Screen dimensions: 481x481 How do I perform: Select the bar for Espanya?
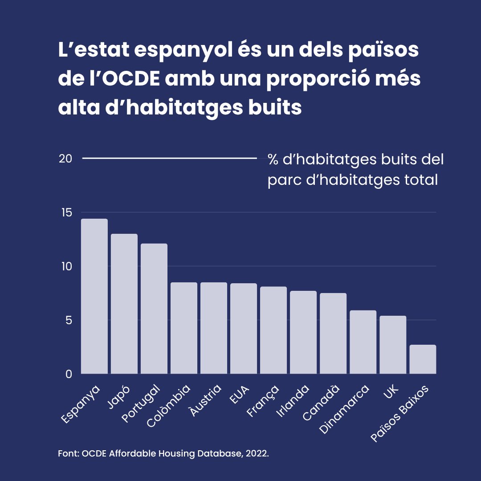coord(94,296)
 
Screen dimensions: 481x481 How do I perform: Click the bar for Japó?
coord(124,304)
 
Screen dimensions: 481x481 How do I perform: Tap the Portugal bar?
coord(154,309)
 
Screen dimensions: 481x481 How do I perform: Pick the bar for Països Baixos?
coord(423,359)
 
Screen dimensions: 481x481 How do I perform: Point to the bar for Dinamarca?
coord(363,342)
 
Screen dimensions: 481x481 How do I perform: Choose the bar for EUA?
coord(244,328)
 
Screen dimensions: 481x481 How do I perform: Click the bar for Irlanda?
coord(303,332)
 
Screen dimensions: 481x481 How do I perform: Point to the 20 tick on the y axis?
coord(65,159)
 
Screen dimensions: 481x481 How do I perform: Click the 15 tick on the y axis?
coord(66,212)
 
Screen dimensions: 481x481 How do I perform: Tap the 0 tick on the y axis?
coord(69,374)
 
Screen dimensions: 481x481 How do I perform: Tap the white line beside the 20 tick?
coord(169,158)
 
